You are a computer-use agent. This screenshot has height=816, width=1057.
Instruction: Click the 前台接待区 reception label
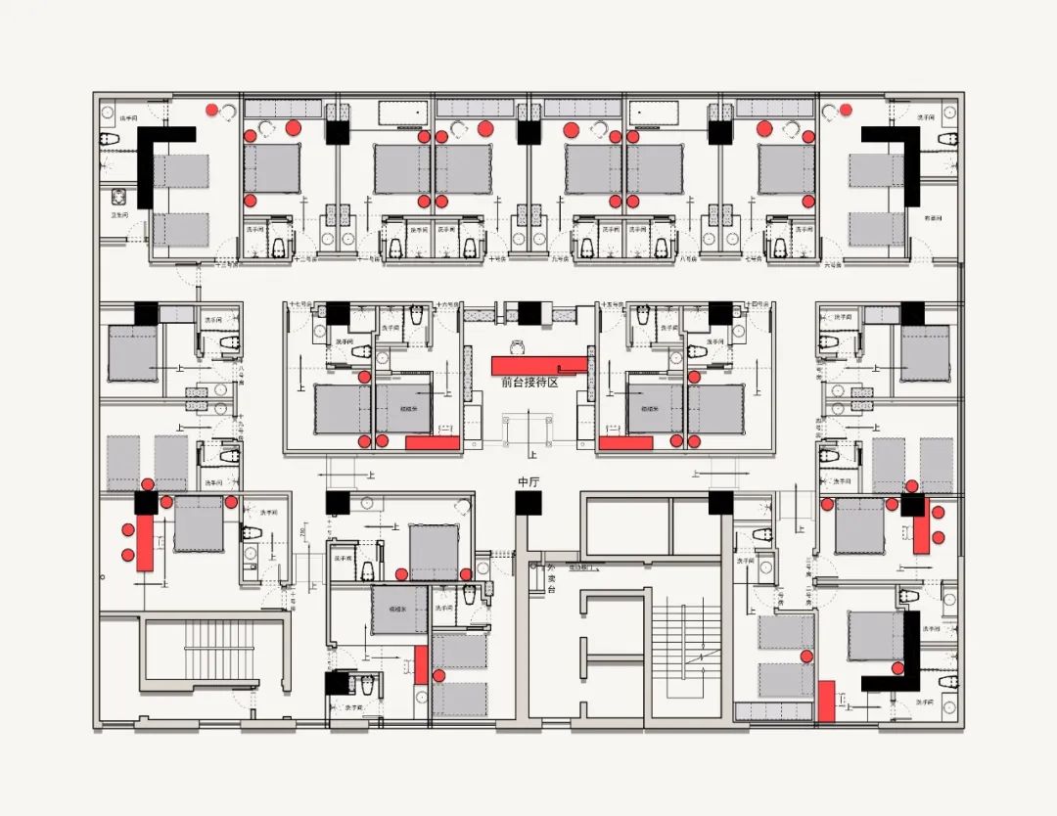(528, 383)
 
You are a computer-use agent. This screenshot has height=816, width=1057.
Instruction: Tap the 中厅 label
(528, 481)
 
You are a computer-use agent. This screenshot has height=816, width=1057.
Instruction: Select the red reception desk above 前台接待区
(538, 364)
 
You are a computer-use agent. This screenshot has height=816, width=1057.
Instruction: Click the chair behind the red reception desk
(516, 344)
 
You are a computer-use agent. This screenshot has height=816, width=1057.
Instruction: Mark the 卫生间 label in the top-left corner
(119, 216)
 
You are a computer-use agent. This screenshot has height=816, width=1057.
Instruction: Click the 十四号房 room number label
(757, 304)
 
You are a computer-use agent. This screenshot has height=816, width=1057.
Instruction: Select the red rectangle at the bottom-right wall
(826, 701)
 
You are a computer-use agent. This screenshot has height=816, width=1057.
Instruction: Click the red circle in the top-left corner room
(211, 110)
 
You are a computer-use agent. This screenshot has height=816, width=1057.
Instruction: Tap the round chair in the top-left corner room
(230, 111)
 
